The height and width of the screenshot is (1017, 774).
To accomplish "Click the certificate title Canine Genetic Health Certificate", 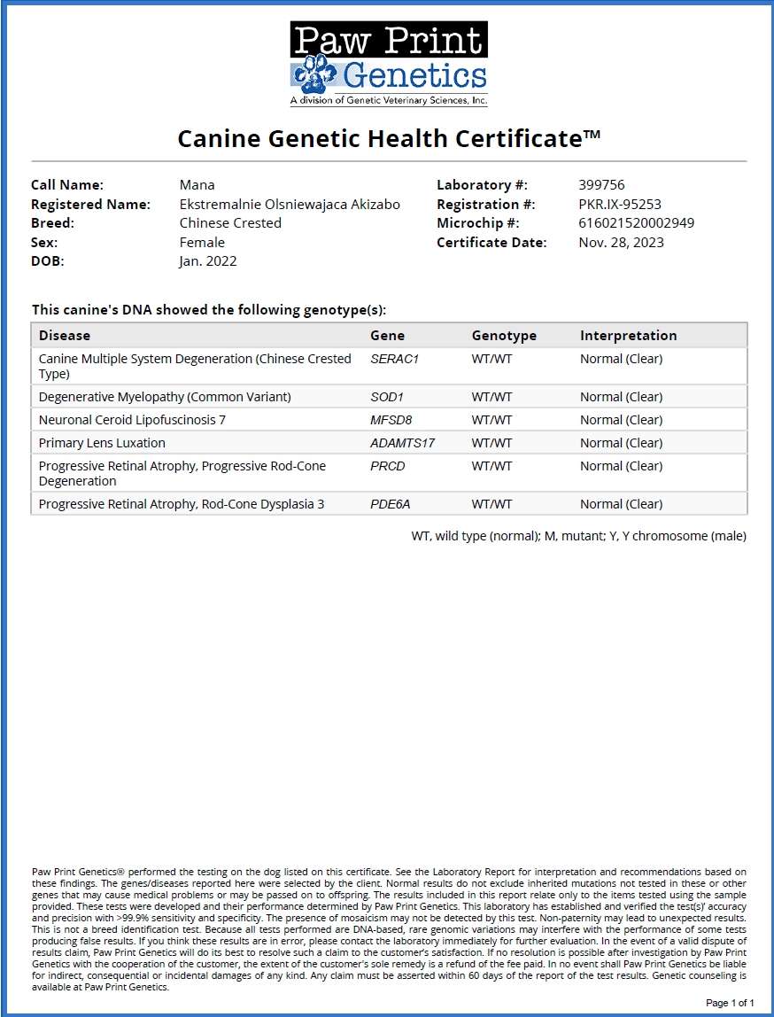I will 389,138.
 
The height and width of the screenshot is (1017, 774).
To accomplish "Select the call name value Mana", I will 197,185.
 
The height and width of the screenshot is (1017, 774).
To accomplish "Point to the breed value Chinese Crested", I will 230,223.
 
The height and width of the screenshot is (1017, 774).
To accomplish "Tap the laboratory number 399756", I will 601,185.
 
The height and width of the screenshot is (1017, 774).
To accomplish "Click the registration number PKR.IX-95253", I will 620,204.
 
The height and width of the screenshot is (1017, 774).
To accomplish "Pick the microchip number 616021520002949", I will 636,223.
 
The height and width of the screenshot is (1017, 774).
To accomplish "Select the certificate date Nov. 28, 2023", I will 621,243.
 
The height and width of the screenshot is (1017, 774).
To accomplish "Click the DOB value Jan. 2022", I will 208,261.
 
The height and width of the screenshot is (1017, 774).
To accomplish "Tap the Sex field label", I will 44,243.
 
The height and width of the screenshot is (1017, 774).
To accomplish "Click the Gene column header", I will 387,336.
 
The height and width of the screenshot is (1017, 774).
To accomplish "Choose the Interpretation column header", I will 628,336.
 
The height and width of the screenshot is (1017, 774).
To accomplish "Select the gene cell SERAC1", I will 393,360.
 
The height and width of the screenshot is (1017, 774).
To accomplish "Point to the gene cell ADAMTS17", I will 402,443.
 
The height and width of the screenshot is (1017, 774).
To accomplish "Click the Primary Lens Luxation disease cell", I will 102,443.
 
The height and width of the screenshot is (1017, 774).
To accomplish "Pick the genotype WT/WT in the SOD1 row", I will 491,397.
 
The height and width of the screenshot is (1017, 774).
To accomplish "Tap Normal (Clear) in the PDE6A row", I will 621,504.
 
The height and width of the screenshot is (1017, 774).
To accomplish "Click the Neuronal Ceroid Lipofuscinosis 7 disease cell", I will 132,420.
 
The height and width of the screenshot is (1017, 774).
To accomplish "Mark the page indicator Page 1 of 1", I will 730,1003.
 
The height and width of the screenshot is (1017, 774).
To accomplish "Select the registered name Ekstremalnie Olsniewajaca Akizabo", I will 290,204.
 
